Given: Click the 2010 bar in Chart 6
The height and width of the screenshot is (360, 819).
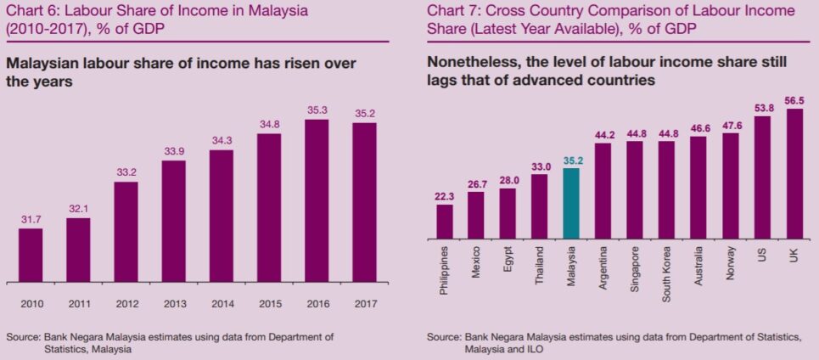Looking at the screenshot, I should [x=31, y=255].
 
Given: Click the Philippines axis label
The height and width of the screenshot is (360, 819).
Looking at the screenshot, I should [x=445, y=271].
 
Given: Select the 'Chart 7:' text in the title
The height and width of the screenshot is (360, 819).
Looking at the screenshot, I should [x=452, y=11].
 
